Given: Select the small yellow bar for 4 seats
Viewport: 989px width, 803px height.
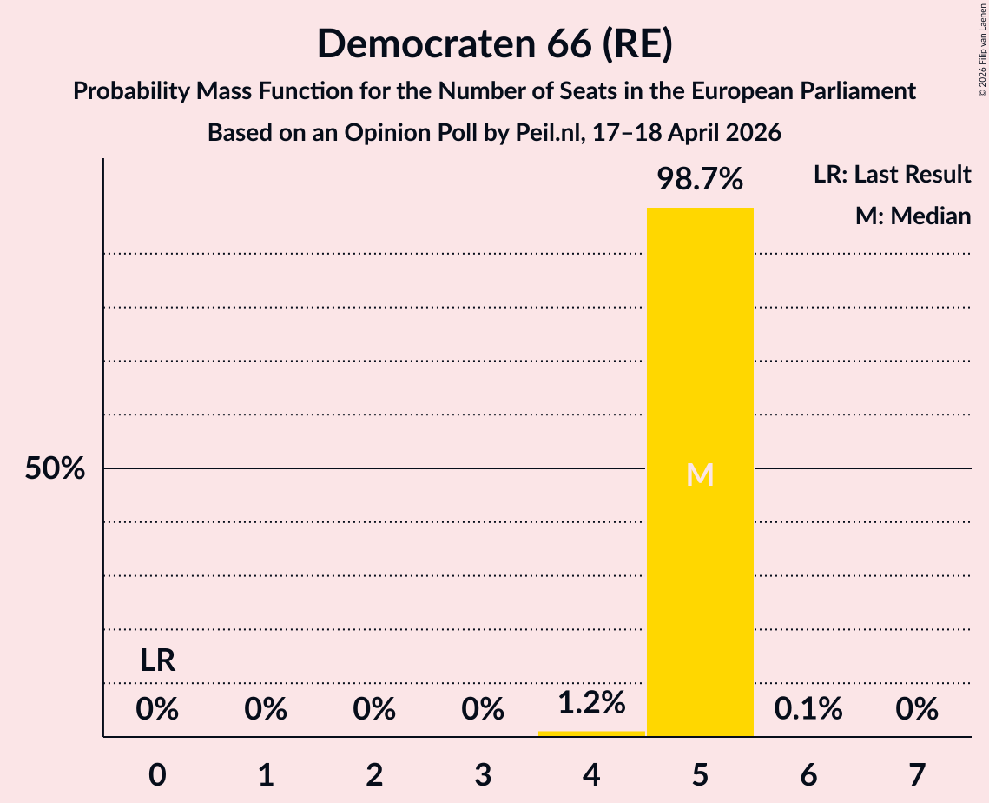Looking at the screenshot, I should coord(591,733).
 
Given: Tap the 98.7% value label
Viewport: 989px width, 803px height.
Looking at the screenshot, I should coord(700,179).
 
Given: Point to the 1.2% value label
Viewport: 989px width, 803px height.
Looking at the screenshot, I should coord(591,702).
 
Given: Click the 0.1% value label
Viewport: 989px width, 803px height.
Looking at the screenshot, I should coord(808,709).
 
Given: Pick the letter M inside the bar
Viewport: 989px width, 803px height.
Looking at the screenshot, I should coord(700,474).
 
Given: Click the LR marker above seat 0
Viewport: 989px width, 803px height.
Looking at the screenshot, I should coord(158,661).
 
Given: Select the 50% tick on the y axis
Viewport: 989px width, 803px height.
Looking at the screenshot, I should coord(55,469).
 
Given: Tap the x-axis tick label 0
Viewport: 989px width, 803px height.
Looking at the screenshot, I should coord(157,773).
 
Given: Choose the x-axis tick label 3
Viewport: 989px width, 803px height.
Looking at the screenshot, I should coord(483,773).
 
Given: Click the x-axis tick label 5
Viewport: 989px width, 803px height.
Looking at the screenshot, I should coord(700,773).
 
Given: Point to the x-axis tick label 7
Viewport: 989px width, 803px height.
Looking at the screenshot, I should coord(917,773).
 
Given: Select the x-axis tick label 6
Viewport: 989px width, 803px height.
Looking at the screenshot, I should coord(808,773).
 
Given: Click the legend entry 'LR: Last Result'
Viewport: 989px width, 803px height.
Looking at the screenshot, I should coord(892,175).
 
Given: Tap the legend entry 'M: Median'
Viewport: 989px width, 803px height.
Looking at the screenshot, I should coord(913,216).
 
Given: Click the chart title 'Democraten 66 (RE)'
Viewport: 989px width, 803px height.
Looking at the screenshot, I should coord(494,43).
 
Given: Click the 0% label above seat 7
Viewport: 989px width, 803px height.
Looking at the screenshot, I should coord(917,709).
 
